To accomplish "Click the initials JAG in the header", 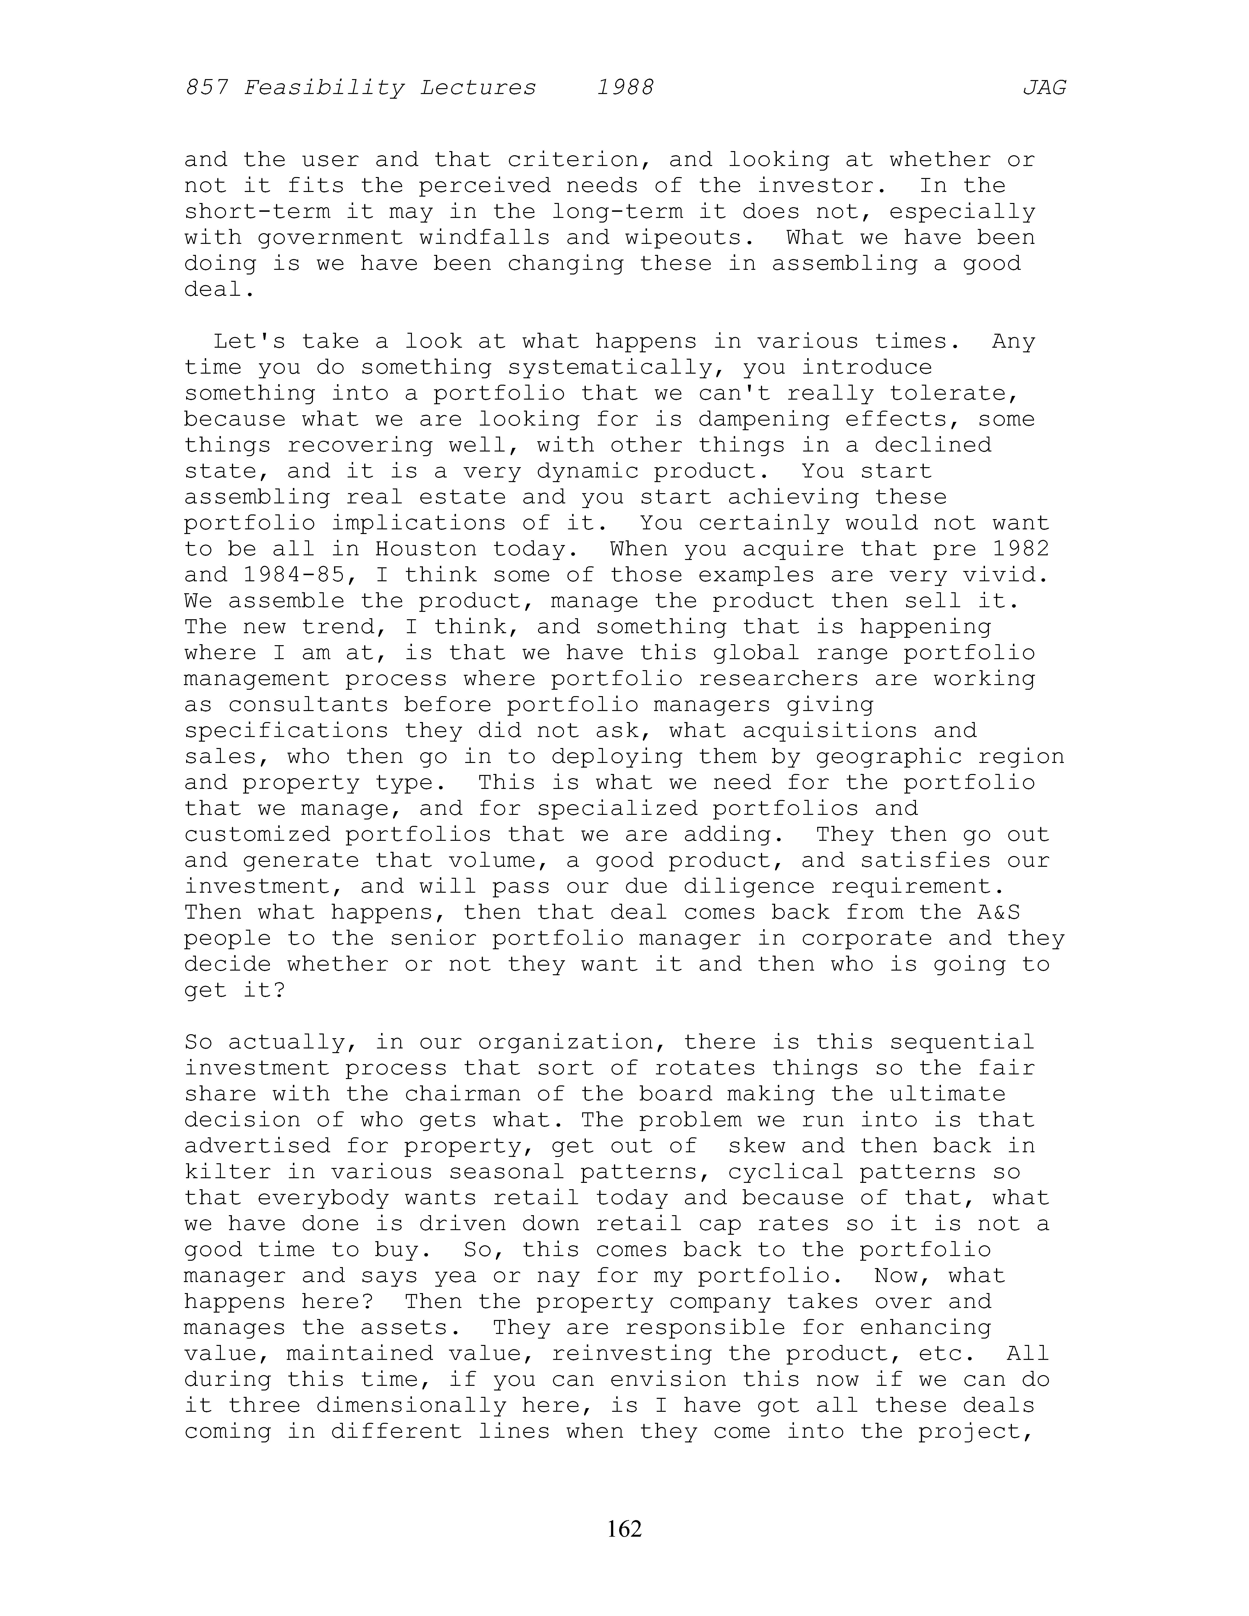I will click(x=1044, y=88).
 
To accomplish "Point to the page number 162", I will click(x=624, y=1529).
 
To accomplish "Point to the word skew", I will click(x=757, y=1146).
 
